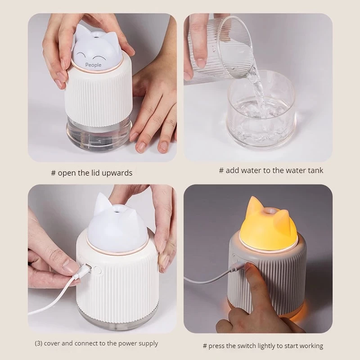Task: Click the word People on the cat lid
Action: pos(93,65)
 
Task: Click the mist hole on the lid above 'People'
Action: pos(96,36)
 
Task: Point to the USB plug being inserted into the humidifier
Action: pos(83,271)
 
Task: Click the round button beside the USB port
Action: pos(98,270)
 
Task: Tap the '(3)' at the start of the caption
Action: pos(38,343)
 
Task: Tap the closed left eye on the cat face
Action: pos(81,54)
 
